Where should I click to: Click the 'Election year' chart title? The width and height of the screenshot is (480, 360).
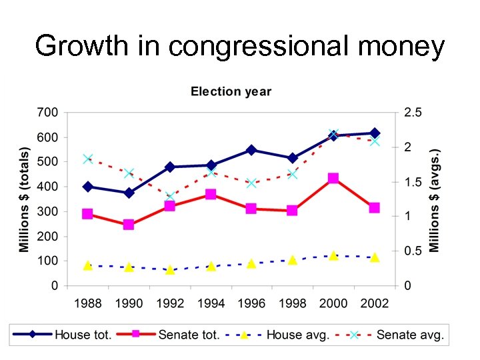pyautogui.click(x=231, y=91)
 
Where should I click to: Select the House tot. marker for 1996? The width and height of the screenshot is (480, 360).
pyautogui.click(x=251, y=150)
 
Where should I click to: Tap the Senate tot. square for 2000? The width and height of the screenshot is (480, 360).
pyautogui.click(x=333, y=178)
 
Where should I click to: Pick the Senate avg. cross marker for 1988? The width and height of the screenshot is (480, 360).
pyautogui.click(x=87, y=159)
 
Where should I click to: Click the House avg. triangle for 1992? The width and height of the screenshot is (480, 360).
pyautogui.click(x=170, y=270)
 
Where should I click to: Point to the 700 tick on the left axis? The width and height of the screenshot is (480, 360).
pyautogui.click(x=47, y=112)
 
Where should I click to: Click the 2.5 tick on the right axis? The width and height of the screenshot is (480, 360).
pyautogui.click(x=413, y=112)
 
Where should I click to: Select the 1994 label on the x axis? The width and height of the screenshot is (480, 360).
pyautogui.click(x=211, y=303)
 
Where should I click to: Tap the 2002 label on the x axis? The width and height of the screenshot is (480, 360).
pyautogui.click(x=375, y=303)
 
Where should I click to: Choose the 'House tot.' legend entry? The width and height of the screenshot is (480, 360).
pyautogui.click(x=74, y=335)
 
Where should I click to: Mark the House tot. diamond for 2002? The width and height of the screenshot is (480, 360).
pyautogui.click(x=375, y=133)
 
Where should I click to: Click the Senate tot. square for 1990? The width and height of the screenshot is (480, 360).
pyautogui.click(x=129, y=225)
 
